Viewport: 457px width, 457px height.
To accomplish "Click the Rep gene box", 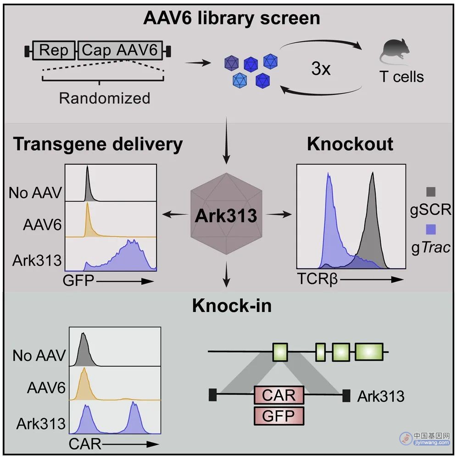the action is [x=54, y=50].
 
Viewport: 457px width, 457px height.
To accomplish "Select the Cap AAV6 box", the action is [x=120, y=50].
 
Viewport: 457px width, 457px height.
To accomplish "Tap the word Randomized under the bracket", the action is [x=105, y=98].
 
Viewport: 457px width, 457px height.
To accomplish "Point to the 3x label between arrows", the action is [x=321, y=69].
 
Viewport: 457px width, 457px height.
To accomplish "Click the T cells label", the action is [x=401, y=77].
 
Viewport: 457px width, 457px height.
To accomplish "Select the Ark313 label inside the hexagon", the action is [x=226, y=216].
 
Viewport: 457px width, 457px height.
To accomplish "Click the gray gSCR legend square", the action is [x=431, y=192].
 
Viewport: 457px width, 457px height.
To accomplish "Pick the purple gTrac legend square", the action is [x=431, y=229].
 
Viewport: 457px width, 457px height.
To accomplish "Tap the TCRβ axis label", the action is [x=318, y=279].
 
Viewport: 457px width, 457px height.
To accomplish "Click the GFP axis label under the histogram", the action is [x=78, y=281].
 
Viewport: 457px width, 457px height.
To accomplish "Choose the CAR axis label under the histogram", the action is [x=85, y=444].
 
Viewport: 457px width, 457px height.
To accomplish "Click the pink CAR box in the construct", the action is [x=279, y=395].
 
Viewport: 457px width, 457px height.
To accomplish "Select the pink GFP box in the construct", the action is [x=279, y=416].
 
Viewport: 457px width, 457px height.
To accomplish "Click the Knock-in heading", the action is [x=232, y=306].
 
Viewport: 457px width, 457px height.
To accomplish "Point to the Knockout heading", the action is [x=350, y=144].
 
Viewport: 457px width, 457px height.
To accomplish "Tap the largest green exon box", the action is [x=369, y=352].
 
